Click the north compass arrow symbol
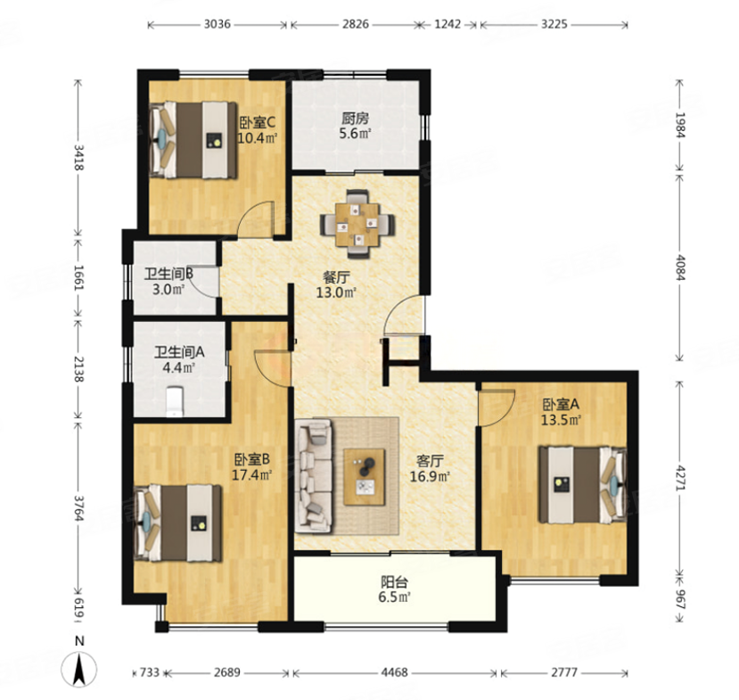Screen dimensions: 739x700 (79, 670)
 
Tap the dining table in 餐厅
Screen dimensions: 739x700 (357, 225)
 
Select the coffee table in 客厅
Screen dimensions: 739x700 (364, 477)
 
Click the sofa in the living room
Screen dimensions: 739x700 (314, 476)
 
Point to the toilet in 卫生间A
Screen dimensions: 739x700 (175, 401)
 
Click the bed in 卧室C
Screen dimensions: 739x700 (193, 141)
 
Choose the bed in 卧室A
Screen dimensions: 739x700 (583, 484)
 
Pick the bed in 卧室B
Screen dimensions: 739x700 (177, 523)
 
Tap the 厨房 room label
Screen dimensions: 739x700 (356, 118)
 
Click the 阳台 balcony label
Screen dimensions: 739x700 (394, 582)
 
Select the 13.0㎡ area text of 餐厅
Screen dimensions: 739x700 (335, 292)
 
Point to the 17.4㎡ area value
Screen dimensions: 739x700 (251, 474)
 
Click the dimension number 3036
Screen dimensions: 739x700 (218, 24)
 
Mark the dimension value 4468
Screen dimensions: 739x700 (395, 672)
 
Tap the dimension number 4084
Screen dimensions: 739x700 (680, 268)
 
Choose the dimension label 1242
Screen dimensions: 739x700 (448, 24)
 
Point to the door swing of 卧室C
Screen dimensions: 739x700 (255, 218)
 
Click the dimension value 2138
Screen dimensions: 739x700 (78, 369)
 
